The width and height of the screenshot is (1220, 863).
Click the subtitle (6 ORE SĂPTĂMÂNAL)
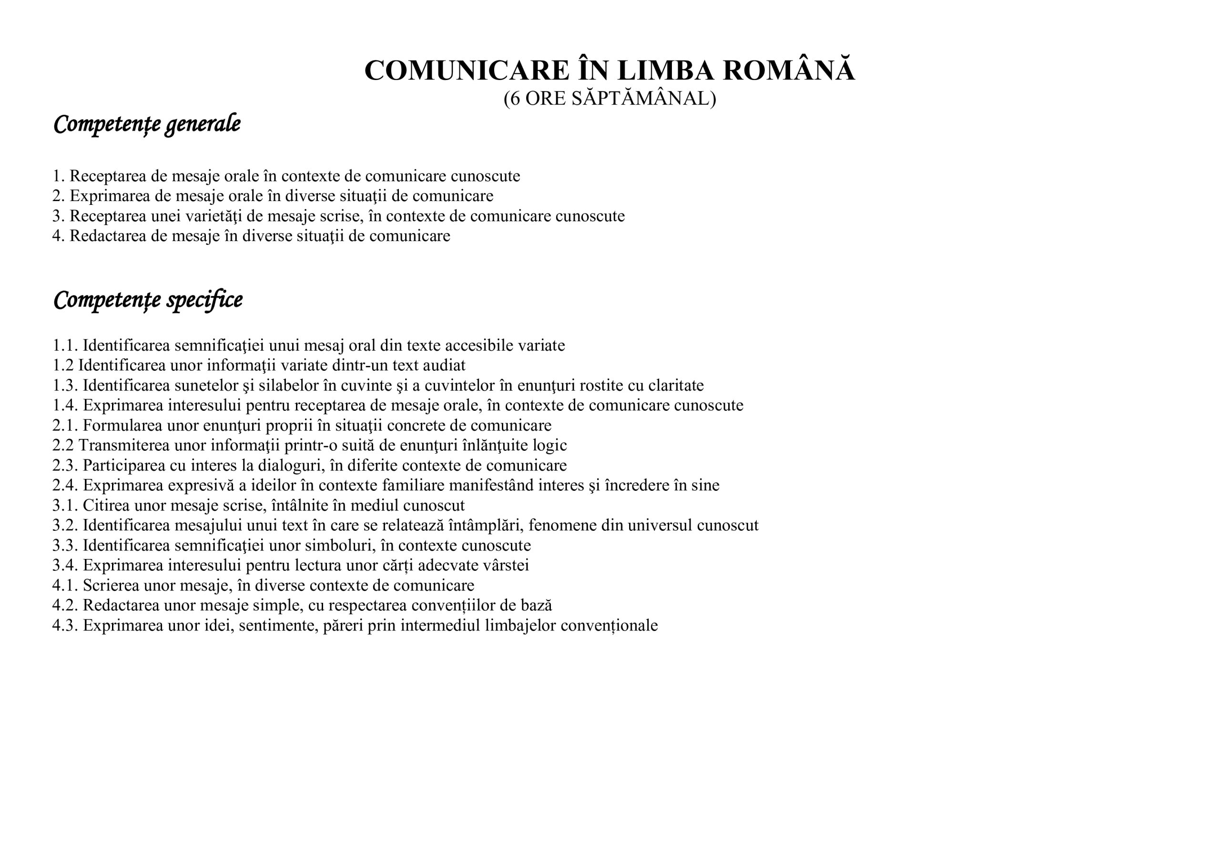point(610,99)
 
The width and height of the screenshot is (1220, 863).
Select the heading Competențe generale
point(147,124)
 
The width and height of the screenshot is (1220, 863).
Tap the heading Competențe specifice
point(148,300)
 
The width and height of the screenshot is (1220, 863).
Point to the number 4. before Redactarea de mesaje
point(58,236)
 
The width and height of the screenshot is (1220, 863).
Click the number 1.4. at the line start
point(65,406)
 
